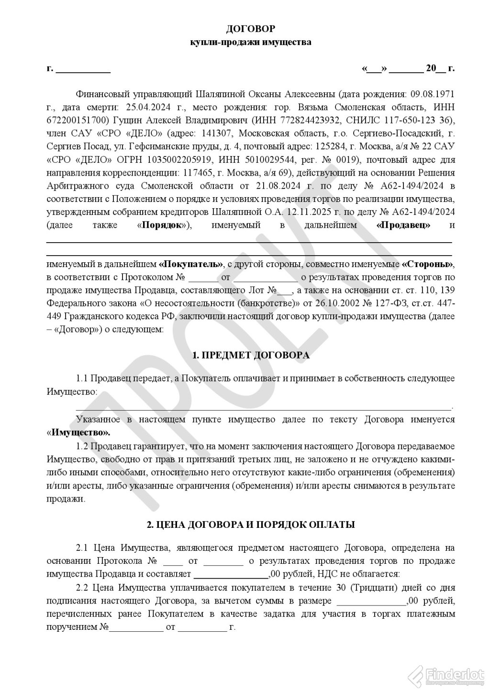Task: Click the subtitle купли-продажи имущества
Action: tap(251, 43)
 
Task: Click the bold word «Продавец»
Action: tap(403, 225)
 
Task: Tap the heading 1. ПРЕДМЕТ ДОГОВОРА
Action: tap(251, 356)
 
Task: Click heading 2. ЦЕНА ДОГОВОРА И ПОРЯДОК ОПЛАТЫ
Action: tap(251, 525)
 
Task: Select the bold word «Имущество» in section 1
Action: tap(79, 433)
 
